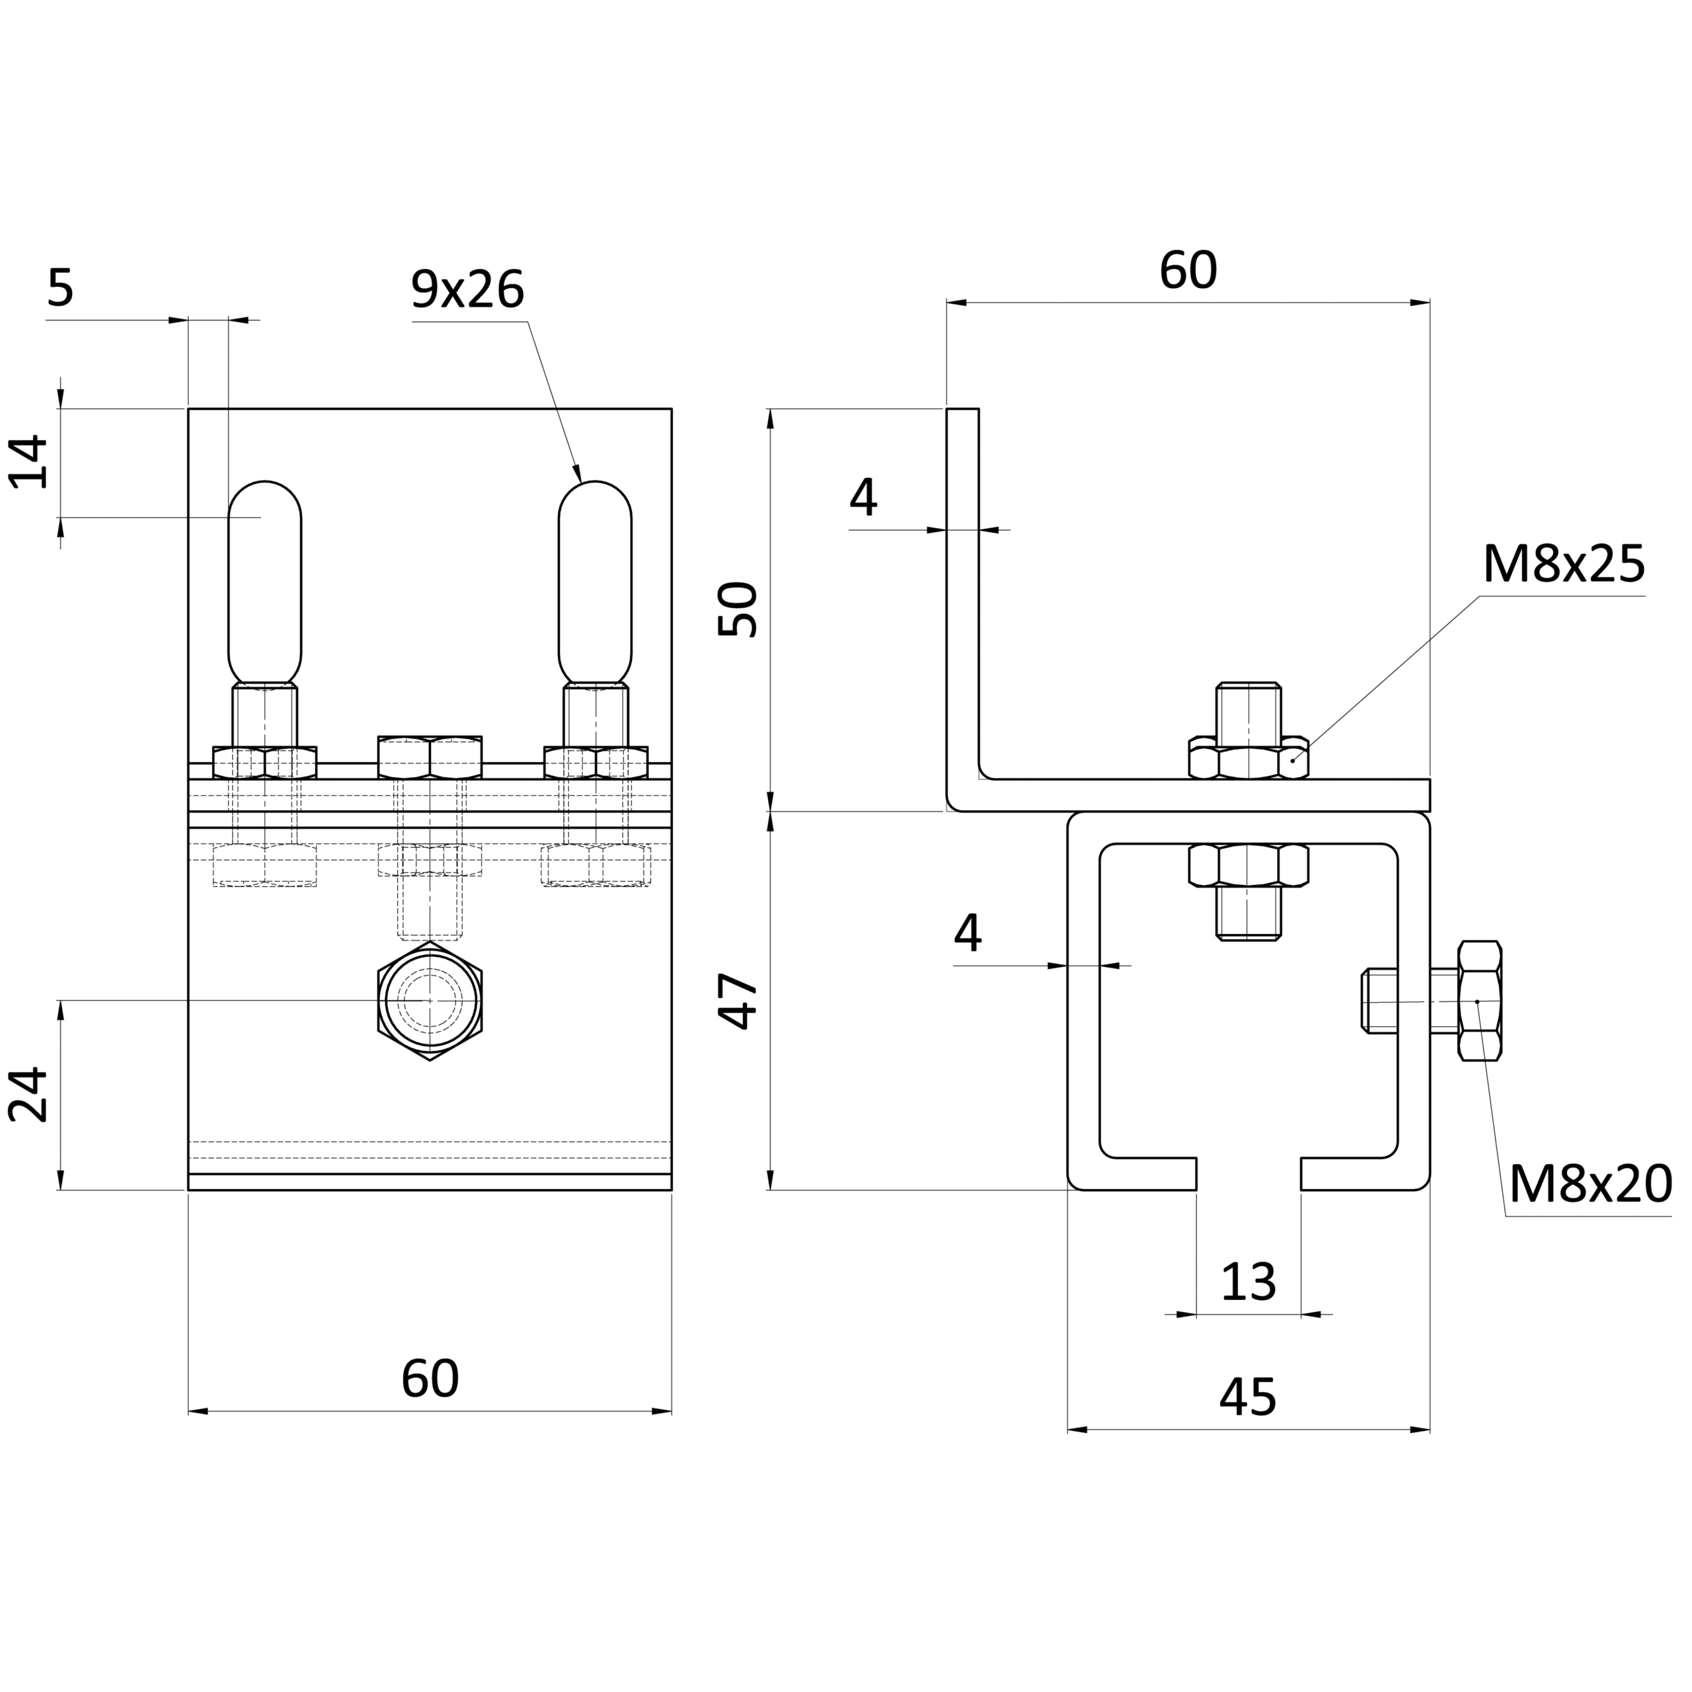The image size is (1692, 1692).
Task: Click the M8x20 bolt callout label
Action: [1590, 1185]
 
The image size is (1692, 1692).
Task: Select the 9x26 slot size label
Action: [468, 290]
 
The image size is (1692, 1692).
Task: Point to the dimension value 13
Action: [1248, 1282]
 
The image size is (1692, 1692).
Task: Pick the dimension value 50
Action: [738, 609]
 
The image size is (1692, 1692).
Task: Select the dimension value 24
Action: [27, 1095]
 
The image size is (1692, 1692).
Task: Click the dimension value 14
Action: [27, 461]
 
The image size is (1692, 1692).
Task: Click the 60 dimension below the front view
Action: [430, 1379]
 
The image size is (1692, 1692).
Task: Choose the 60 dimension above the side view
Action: [1188, 270]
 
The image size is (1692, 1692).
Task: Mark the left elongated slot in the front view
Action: [264, 582]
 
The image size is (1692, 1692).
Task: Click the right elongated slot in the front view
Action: [595, 582]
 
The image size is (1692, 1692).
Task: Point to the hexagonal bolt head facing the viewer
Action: [430, 1001]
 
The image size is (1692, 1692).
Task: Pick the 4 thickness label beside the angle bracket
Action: [863, 498]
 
